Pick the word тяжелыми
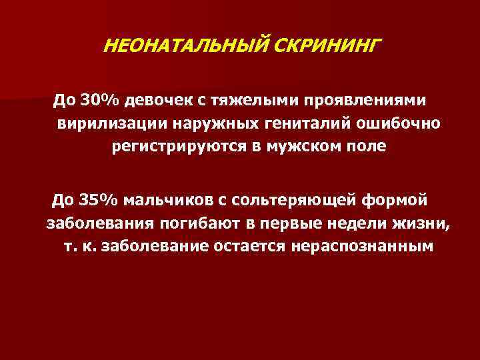pos(249,101)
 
